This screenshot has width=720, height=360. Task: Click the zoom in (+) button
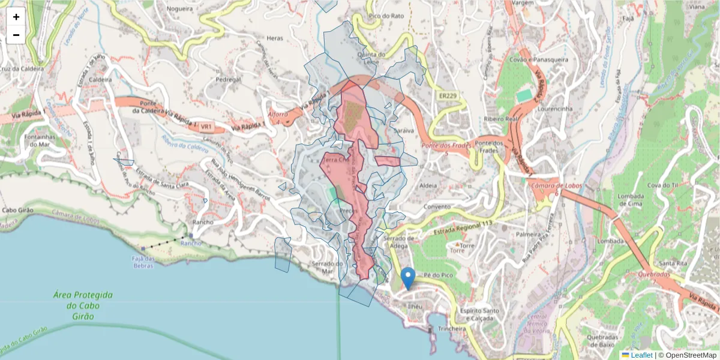pyautogui.click(x=16, y=17)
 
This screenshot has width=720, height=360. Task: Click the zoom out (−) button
pyautogui.click(x=16, y=35)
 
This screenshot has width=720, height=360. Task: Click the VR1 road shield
pyautogui.click(x=206, y=127)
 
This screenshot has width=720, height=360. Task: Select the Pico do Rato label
pyautogui.click(x=386, y=16)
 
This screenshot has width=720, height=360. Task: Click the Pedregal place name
pyautogui.click(x=228, y=79)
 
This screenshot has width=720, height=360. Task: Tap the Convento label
pyautogui.click(x=436, y=206)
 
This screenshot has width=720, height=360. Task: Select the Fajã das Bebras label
pyautogui.click(x=144, y=262)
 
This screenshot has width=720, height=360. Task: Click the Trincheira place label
pyautogui.click(x=452, y=328)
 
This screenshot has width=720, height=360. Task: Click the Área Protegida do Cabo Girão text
pyautogui.click(x=83, y=305)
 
